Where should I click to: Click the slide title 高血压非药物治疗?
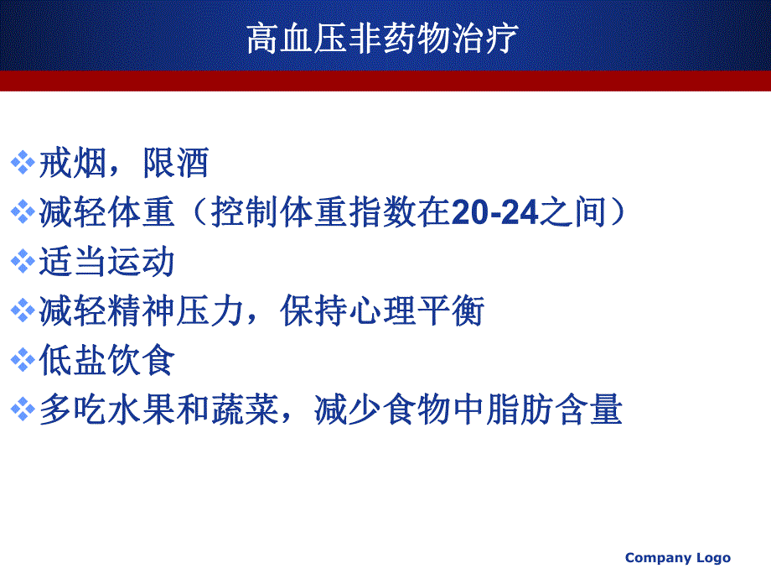click(383, 39)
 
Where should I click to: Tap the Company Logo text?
click(678, 558)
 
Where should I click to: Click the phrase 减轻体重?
click(107, 213)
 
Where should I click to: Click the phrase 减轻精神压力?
click(141, 312)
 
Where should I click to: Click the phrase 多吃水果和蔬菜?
click(158, 411)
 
